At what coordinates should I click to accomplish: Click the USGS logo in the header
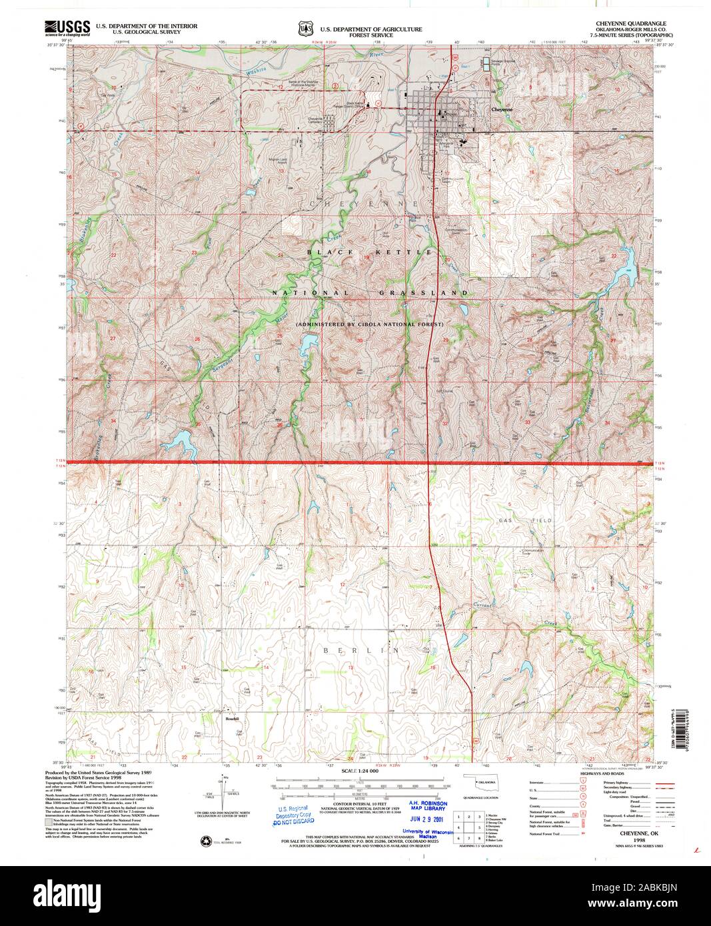(x=67, y=27)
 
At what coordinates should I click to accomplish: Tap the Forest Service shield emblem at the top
(x=306, y=29)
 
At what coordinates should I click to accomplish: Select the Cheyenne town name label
(x=502, y=109)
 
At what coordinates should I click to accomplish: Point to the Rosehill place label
(x=231, y=718)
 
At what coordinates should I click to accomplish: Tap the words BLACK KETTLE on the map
(x=370, y=252)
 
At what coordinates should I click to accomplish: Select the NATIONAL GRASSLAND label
(x=370, y=293)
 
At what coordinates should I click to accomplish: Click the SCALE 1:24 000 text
(x=360, y=770)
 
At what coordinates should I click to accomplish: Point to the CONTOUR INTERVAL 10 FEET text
(x=360, y=805)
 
